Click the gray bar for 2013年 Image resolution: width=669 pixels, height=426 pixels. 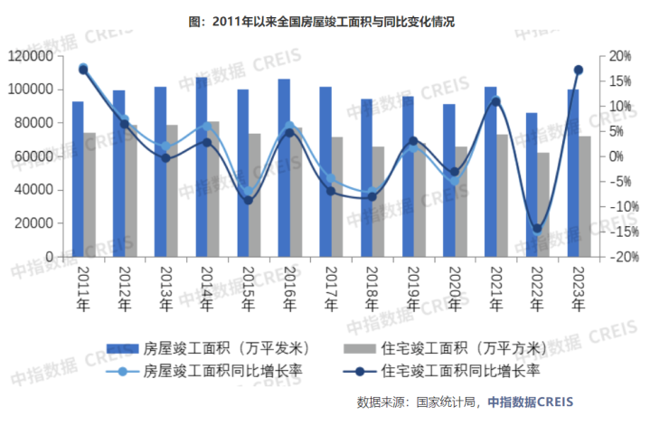(172, 191)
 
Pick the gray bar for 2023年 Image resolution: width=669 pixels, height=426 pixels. (585, 196)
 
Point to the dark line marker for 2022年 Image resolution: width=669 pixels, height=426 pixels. (537, 229)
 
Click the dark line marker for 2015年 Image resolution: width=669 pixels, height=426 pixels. (249, 200)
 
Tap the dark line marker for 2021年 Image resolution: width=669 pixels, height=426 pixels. (495, 101)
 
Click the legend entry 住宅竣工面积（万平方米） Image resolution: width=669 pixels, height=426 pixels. (459, 348)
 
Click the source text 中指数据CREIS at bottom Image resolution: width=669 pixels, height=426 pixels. (530, 402)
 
